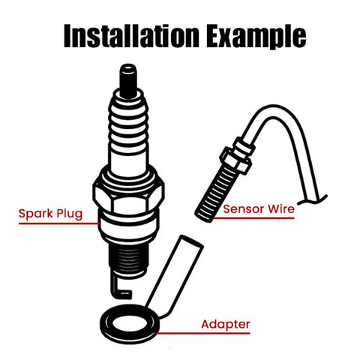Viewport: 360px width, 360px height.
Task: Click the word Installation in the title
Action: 123,34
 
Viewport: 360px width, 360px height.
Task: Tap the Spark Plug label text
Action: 50,214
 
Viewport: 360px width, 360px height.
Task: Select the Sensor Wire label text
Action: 259,210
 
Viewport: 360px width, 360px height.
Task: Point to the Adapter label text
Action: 225,325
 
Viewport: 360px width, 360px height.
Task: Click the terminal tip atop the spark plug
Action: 127,75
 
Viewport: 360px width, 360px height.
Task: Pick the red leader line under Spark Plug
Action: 60,223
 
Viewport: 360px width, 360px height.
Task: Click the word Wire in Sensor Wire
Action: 280,210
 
